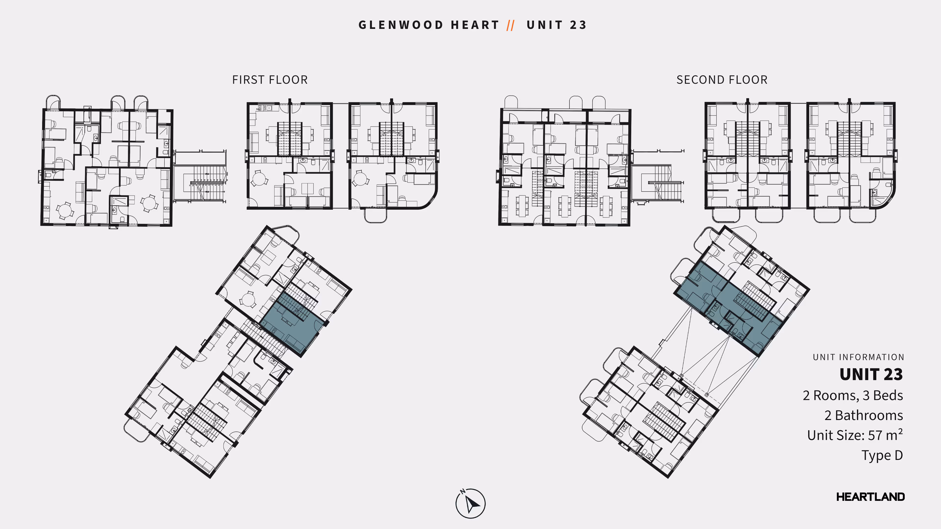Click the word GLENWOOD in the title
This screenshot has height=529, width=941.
(401, 25)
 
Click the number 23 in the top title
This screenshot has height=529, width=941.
(578, 25)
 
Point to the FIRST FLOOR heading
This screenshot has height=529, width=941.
(270, 80)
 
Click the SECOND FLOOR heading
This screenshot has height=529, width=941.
(722, 80)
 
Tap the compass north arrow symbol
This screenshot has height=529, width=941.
(470, 504)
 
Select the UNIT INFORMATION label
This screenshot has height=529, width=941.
(858, 357)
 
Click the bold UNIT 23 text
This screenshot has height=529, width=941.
(871, 374)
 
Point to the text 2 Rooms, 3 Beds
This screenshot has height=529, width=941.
(853, 395)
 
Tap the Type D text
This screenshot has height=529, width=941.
(882, 455)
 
